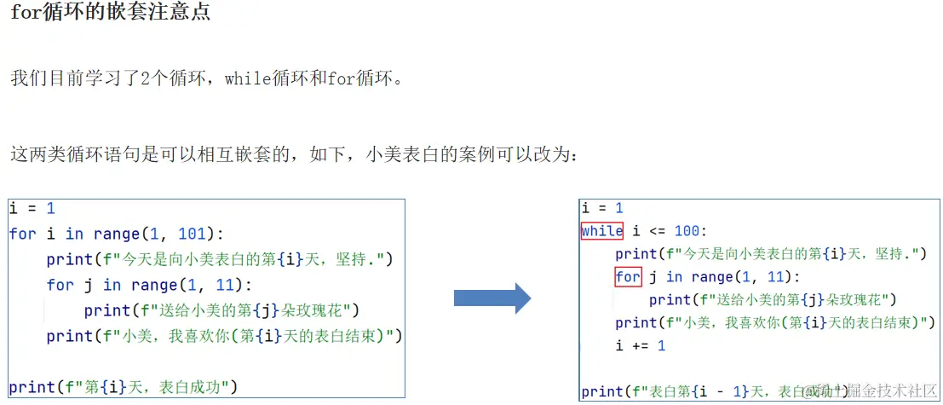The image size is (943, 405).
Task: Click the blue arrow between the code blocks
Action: (492, 298)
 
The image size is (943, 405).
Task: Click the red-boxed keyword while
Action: (601, 231)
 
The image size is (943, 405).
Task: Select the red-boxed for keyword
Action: (628, 277)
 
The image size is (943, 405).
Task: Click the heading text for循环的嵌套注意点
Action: (110, 14)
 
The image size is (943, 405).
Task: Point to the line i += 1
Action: (640, 345)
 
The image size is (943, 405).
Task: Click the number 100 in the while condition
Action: (689, 231)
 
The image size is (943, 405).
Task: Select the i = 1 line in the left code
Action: (32, 209)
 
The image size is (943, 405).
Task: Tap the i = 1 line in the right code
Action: (601, 208)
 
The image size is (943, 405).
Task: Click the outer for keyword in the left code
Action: (23, 234)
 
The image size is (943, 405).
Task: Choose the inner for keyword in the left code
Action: (60, 285)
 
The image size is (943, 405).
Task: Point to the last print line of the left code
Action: (123, 387)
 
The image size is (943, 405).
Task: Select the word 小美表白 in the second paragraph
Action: (403, 155)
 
